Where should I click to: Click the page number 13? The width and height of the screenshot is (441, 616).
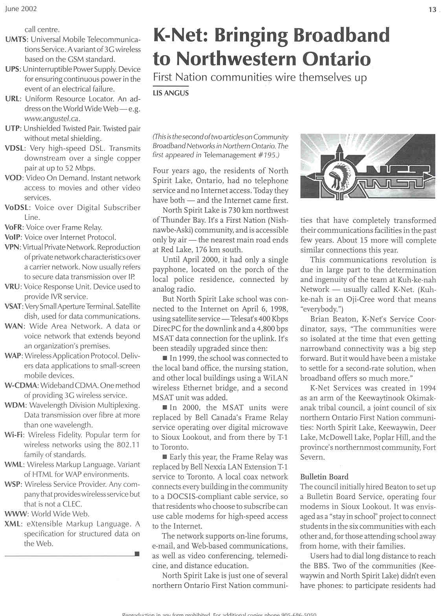(432, 10)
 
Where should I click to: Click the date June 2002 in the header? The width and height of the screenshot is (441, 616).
(21, 9)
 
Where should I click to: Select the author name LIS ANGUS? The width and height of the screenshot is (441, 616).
(171, 93)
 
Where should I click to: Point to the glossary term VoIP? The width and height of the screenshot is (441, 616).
(13, 238)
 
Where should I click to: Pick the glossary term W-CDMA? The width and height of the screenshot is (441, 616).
(21, 386)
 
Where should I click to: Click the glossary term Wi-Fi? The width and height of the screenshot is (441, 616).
(14, 435)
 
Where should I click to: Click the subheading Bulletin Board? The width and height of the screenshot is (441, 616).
(324, 477)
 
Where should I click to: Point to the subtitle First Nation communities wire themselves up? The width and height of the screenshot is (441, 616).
(259, 77)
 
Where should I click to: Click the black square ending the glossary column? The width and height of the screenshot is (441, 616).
(137, 554)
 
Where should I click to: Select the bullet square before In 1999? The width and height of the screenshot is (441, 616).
(164, 358)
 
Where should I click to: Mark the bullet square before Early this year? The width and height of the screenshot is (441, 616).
(164, 457)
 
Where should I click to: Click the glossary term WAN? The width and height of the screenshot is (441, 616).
(14, 326)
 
